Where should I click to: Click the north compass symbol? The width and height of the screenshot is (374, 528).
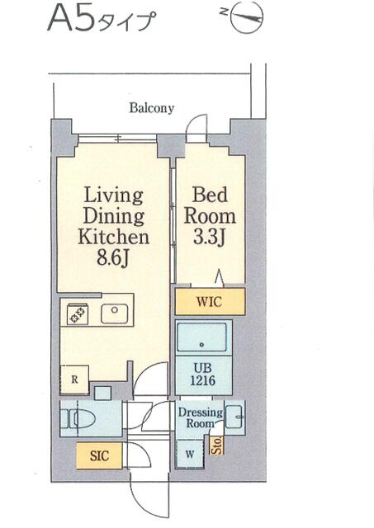[248, 16]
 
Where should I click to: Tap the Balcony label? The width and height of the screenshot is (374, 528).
[152, 108]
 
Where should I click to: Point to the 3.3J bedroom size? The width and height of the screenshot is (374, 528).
[209, 237]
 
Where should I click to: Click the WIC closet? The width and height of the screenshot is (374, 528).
[210, 301]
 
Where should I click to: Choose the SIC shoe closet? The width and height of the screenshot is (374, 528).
[99, 455]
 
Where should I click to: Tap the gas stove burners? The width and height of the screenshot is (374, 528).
[78, 314]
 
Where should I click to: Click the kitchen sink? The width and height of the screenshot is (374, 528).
[115, 314]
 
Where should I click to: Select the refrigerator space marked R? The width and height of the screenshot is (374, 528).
[74, 379]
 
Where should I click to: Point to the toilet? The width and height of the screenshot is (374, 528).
[78, 418]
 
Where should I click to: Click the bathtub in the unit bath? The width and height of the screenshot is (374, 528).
[201, 337]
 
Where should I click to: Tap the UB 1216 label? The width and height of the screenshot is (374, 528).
[203, 374]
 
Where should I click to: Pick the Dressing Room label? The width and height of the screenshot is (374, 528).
[201, 417]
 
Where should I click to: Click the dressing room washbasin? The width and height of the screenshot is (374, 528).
[234, 417]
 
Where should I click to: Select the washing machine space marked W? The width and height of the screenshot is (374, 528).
[191, 455]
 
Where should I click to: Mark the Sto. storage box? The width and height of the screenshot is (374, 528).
[217, 445]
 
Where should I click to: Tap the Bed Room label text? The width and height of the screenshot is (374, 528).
[209, 205]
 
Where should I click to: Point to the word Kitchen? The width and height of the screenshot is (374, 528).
[114, 237]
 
